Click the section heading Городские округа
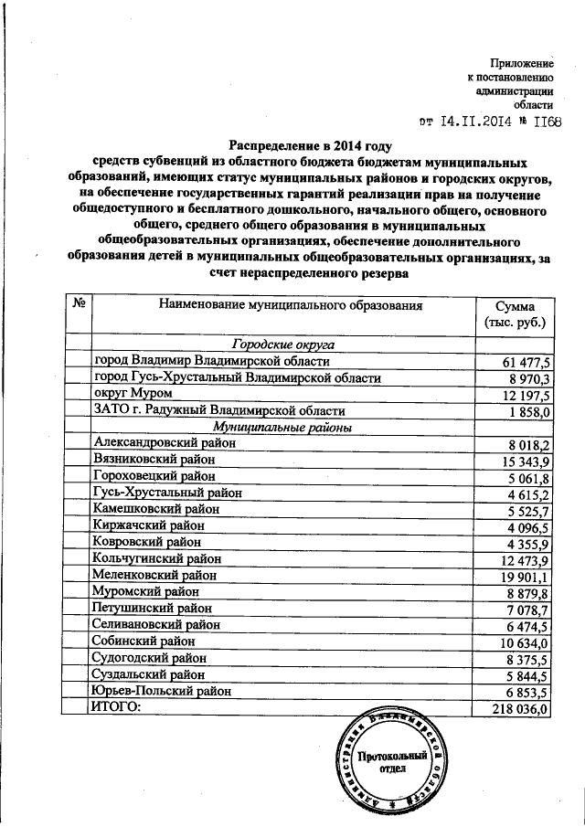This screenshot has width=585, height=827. [x=282, y=345]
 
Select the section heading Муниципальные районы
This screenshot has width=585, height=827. [x=282, y=427]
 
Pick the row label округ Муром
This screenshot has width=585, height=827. [x=133, y=394]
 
